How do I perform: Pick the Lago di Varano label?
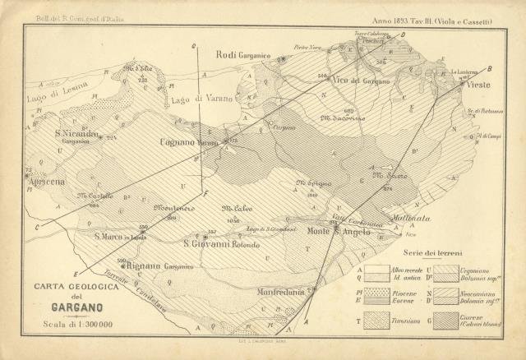[201, 98]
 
